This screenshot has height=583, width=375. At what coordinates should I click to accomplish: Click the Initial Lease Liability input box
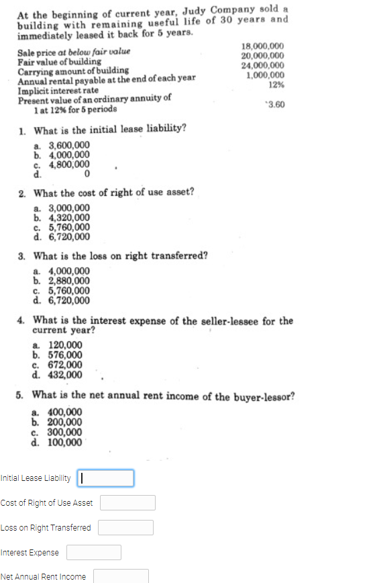tap(106, 478)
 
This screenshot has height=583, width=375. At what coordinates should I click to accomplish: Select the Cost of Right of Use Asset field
tap(128, 502)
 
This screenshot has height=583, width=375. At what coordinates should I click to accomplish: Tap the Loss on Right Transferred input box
tap(126, 527)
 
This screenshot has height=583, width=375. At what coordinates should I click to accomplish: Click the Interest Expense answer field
tap(93, 552)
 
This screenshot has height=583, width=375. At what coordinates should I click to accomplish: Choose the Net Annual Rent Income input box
tap(121, 576)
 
